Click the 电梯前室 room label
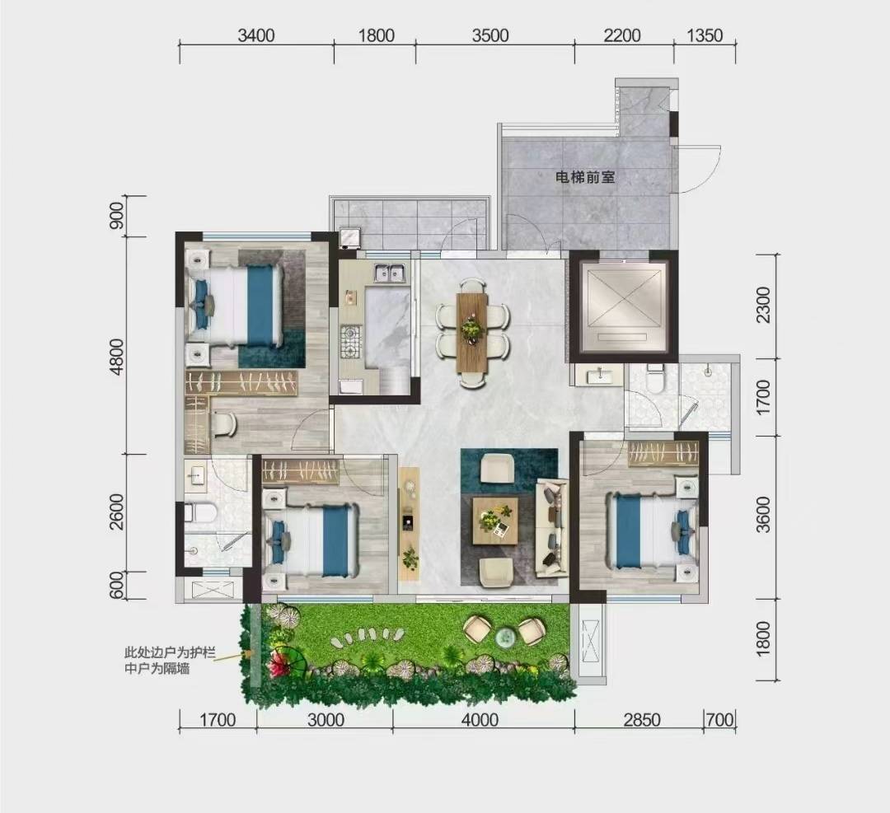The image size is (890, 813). tap(584, 178)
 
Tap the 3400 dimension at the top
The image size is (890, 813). tap(256, 35)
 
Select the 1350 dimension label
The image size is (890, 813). tap(705, 35)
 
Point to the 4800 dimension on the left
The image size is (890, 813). tap(116, 357)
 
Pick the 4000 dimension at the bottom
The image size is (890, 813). tap(480, 720)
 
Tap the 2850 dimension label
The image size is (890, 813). tap(642, 720)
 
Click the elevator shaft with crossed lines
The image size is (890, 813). tap(624, 306)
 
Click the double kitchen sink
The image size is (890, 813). tap(389, 273)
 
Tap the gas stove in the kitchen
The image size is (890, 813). tap(350, 342)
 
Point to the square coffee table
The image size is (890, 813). tap(495, 521)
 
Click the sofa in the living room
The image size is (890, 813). tap(551, 529)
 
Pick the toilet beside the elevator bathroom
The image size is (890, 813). tap(655, 378)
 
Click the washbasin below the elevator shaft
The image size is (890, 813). tap(598, 376)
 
